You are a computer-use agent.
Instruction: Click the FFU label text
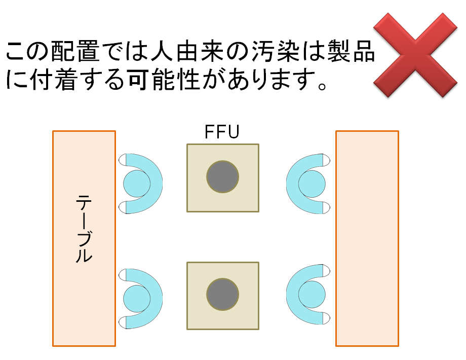(222, 132)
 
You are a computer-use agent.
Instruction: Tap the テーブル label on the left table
(84, 228)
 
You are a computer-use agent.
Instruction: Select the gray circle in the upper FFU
(222, 176)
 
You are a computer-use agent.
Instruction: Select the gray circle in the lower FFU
(222, 295)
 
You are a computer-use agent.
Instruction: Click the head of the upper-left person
(137, 183)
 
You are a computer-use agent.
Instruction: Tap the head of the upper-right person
(311, 183)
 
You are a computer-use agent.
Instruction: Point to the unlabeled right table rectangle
(367, 238)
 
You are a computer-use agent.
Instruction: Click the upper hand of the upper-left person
(123, 161)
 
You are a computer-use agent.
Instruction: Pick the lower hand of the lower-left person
(123, 321)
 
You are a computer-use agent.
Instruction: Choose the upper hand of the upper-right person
(326, 161)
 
